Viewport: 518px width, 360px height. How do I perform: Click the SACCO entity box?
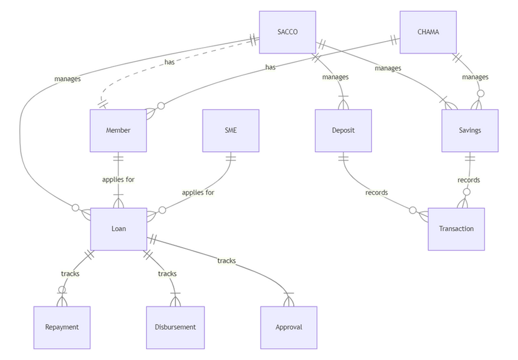pos(287,32)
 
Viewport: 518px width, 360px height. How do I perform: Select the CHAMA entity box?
pos(428,32)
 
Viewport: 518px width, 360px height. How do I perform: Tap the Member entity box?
pos(118,131)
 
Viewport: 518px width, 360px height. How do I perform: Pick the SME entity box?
pos(231,131)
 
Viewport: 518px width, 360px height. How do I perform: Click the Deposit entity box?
pos(343,131)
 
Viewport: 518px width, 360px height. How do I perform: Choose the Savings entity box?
pos(470,131)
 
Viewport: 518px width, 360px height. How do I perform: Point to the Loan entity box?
pos(118,229)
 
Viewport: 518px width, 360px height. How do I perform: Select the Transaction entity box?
pos(456,229)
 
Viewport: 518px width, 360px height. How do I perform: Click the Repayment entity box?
pos(62,327)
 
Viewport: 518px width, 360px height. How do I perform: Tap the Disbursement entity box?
pos(175,327)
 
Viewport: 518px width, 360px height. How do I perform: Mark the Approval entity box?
pos(288,327)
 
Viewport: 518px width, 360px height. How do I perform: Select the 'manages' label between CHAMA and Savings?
pos(475,77)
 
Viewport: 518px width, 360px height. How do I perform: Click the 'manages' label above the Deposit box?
pos(336,77)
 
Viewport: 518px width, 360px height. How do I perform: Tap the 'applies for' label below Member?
pos(118,179)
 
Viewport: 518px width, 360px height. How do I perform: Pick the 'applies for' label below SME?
pos(198,192)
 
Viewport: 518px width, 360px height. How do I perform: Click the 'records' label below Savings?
pos(469,179)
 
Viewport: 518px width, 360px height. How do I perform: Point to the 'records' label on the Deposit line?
pos(376,192)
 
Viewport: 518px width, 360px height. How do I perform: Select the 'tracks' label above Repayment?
pos(70,274)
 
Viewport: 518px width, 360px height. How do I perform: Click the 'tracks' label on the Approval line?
pos(227,261)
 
